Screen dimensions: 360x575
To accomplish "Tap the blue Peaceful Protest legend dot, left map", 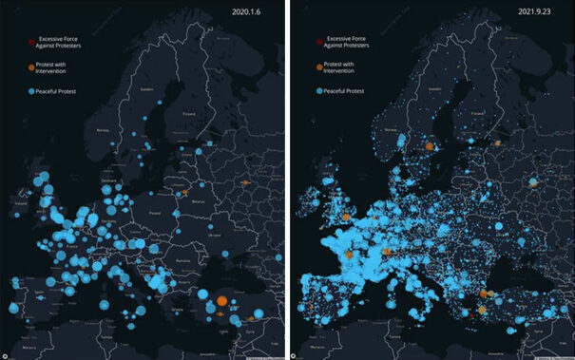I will click(31, 92).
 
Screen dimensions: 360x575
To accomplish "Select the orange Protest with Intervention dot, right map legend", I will click(320, 67).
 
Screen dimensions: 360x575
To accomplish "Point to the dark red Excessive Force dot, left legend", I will click(31, 43).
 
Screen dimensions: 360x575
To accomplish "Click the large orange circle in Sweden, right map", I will click(430, 147).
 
